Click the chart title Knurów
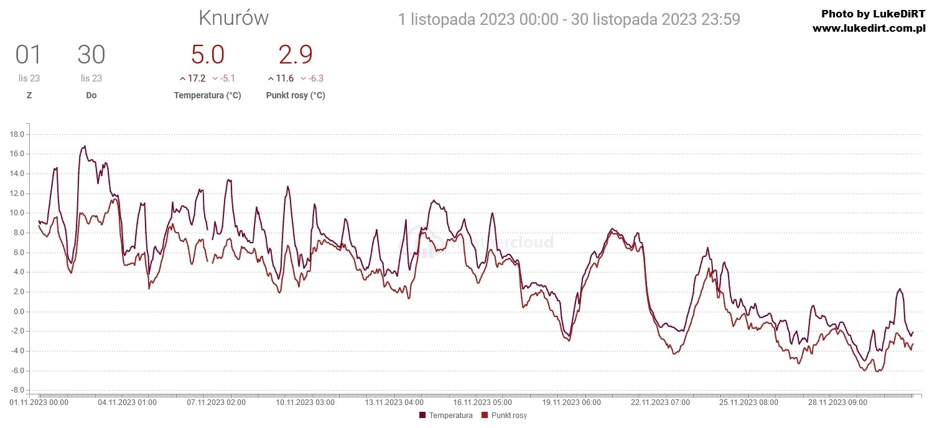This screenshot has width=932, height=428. click(233, 19)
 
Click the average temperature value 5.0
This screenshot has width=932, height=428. click(207, 55)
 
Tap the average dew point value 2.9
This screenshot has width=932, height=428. click(295, 55)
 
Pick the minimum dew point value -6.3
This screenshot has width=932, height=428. click(315, 78)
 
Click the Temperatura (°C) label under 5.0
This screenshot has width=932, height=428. click(207, 95)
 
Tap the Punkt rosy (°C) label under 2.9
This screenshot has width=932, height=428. click(295, 95)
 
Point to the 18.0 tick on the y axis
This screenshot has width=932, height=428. click(17, 134)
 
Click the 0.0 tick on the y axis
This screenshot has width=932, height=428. click(18, 312)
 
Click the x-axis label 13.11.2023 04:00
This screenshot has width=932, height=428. click(394, 402)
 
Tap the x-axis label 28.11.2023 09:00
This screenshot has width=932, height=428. click(838, 402)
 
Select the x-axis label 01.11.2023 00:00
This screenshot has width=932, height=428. click(39, 402)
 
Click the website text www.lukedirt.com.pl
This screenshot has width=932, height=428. click(869, 28)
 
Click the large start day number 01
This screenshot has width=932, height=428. click(29, 55)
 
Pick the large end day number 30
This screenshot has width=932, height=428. click(91, 55)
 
